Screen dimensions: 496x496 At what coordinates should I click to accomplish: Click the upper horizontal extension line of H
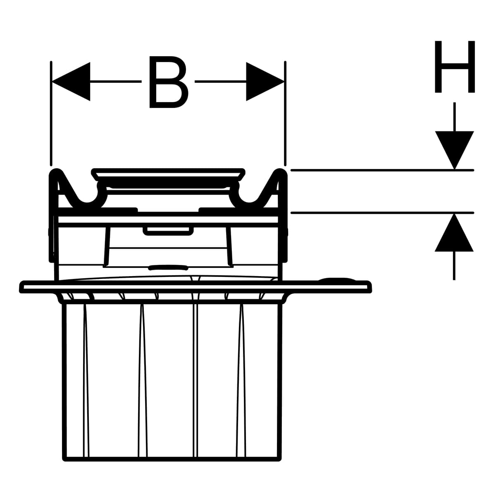click(372, 170)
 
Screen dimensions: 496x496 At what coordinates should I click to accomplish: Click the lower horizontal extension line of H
click(372, 213)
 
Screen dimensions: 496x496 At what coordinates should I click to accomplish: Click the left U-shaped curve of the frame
click(87, 200)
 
